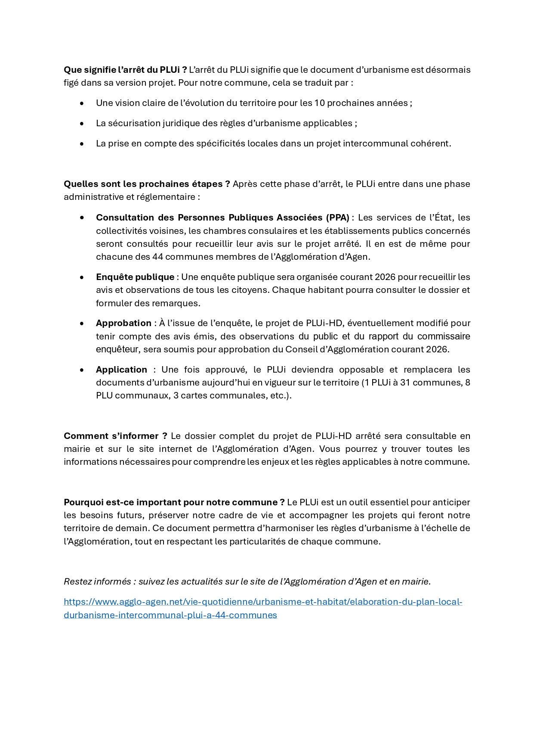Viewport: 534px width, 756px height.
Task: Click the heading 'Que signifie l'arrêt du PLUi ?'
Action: point(125,70)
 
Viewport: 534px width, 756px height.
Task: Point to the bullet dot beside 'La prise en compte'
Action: point(82,143)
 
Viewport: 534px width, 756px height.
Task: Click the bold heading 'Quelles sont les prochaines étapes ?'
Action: point(147,184)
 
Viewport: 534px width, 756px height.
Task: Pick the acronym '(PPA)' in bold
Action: point(337,218)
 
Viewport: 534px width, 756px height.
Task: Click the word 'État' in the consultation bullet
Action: point(443,218)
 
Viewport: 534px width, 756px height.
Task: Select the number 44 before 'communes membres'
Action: point(157,257)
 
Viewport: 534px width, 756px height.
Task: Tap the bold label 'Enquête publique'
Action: point(135,277)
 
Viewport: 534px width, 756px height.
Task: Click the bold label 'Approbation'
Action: point(123,323)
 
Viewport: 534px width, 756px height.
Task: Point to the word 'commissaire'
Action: point(443,336)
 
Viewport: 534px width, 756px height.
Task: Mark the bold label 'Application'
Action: point(121,370)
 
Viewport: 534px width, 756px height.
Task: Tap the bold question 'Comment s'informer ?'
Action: point(115,436)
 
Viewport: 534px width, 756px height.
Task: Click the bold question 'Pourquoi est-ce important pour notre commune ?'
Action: point(174,502)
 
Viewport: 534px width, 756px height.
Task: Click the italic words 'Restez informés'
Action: point(97,582)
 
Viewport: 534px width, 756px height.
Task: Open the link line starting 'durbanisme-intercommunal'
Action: point(170,615)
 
